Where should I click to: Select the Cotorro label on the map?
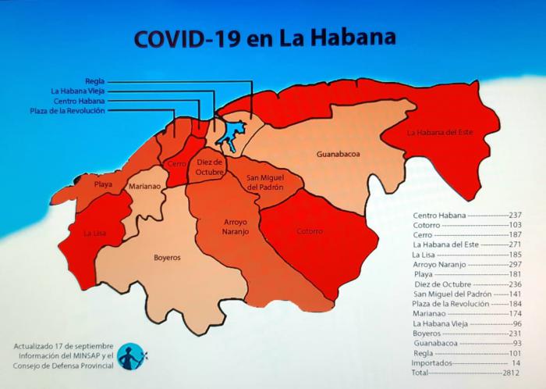tap(310, 231)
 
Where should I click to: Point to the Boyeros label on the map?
tap(166, 257)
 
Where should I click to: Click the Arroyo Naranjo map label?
tap(230, 227)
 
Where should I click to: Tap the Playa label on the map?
tap(103, 184)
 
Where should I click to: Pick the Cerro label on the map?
tap(175, 164)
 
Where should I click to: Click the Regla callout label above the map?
tap(94, 80)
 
